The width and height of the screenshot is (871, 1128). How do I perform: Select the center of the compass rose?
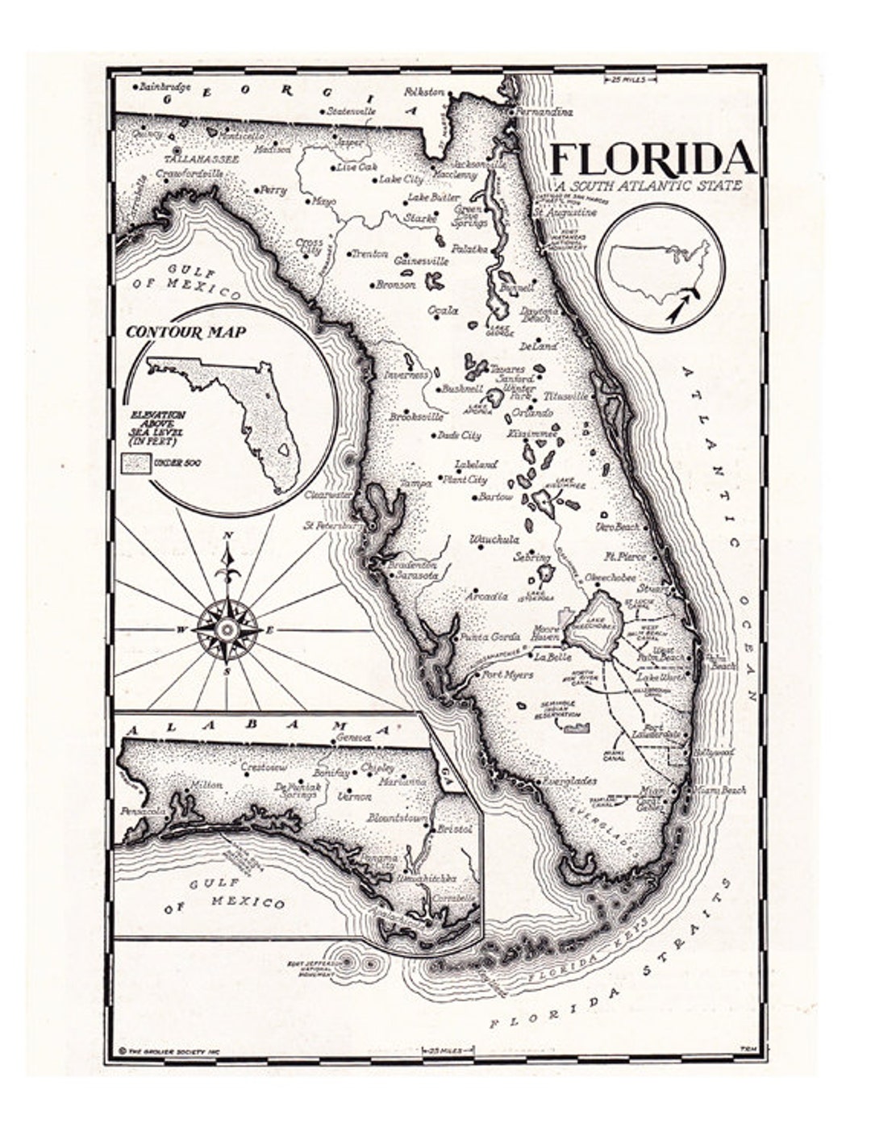(x=227, y=628)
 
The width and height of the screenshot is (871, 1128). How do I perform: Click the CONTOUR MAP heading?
(x=186, y=332)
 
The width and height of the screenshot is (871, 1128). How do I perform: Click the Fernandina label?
(x=545, y=112)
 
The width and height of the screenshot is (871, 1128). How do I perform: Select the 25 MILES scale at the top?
(x=630, y=80)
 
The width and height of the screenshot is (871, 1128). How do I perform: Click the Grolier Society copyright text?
(x=169, y=1051)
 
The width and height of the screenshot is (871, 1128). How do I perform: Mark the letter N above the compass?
(x=227, y=535)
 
